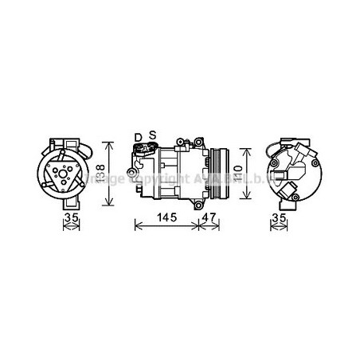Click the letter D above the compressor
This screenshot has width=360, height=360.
coord(138,136)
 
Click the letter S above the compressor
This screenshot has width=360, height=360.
coord(151,136)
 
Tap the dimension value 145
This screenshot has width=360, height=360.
coord(166,217)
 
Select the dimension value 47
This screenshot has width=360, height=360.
coord(208,217)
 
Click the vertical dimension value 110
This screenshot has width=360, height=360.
coord(239,169)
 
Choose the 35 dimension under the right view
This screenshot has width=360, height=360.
coord(278,217)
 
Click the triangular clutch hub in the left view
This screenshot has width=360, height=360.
coord(63,170)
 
